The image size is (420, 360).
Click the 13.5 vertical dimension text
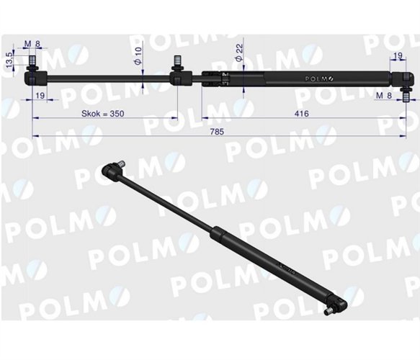click(9, 59)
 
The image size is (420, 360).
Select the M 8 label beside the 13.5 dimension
click(32, 45)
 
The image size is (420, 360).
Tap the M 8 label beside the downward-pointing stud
click(385, 94)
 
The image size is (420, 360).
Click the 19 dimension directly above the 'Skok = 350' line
click(40, 95)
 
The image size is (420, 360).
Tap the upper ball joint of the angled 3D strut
click(110, 171)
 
